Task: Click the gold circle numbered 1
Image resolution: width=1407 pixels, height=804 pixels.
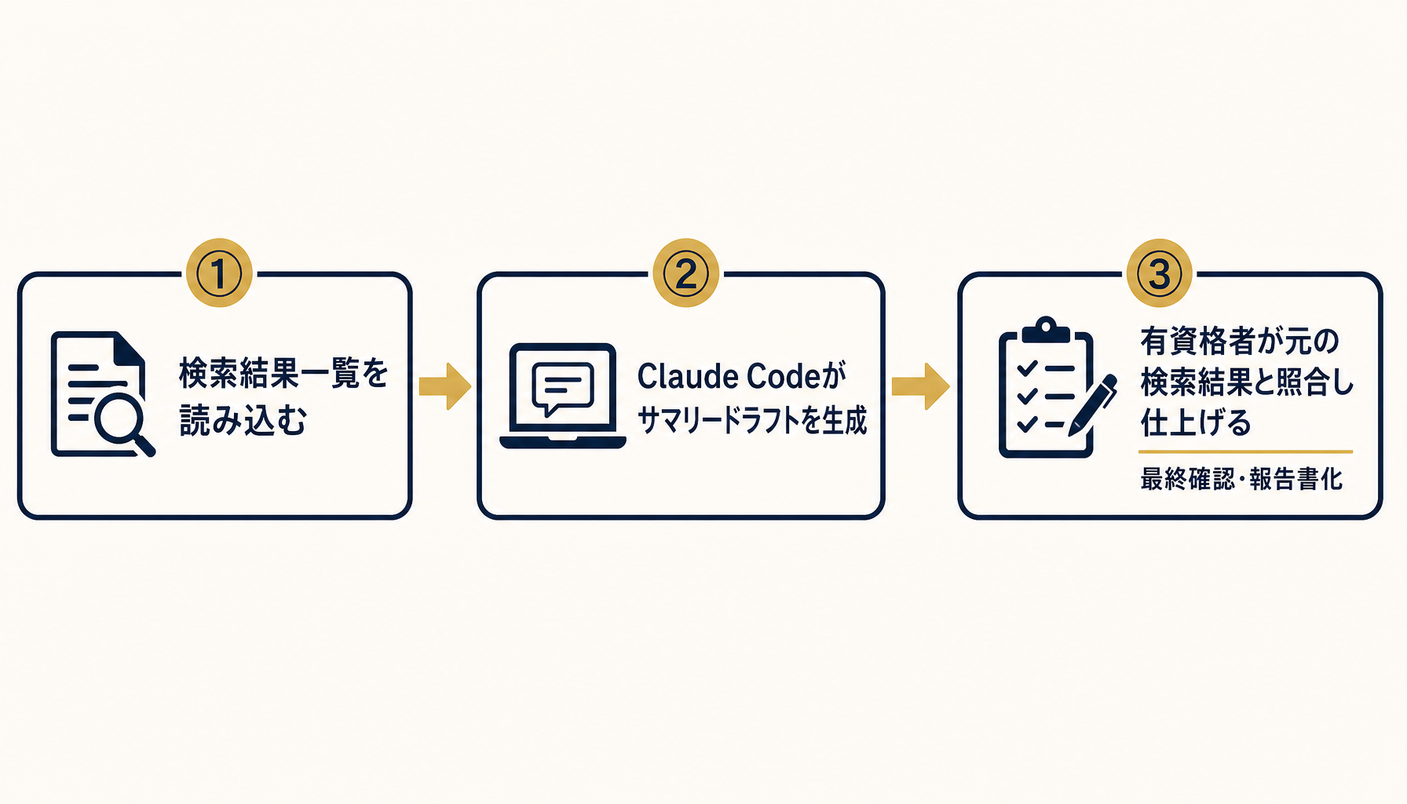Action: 219,273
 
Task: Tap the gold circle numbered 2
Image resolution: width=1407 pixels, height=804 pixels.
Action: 686,273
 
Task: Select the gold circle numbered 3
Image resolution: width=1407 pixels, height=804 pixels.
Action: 1160,273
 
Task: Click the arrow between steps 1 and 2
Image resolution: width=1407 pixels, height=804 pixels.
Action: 445,386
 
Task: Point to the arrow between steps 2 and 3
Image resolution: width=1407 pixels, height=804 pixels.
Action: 921,386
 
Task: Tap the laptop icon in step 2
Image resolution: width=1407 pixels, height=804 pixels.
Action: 563,396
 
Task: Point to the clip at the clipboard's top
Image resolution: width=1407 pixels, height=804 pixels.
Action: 1046,329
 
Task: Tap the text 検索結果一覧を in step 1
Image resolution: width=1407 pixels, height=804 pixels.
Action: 284,373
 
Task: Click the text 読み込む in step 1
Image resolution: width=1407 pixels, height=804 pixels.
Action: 243,420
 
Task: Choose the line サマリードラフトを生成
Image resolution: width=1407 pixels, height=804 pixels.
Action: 752,421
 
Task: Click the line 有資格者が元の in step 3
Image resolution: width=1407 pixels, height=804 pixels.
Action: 1240,342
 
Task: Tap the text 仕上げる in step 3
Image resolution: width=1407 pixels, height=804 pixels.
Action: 1196,423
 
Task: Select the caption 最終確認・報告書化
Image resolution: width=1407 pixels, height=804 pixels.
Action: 1241,479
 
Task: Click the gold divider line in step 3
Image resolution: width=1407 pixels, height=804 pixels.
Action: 1246,452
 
